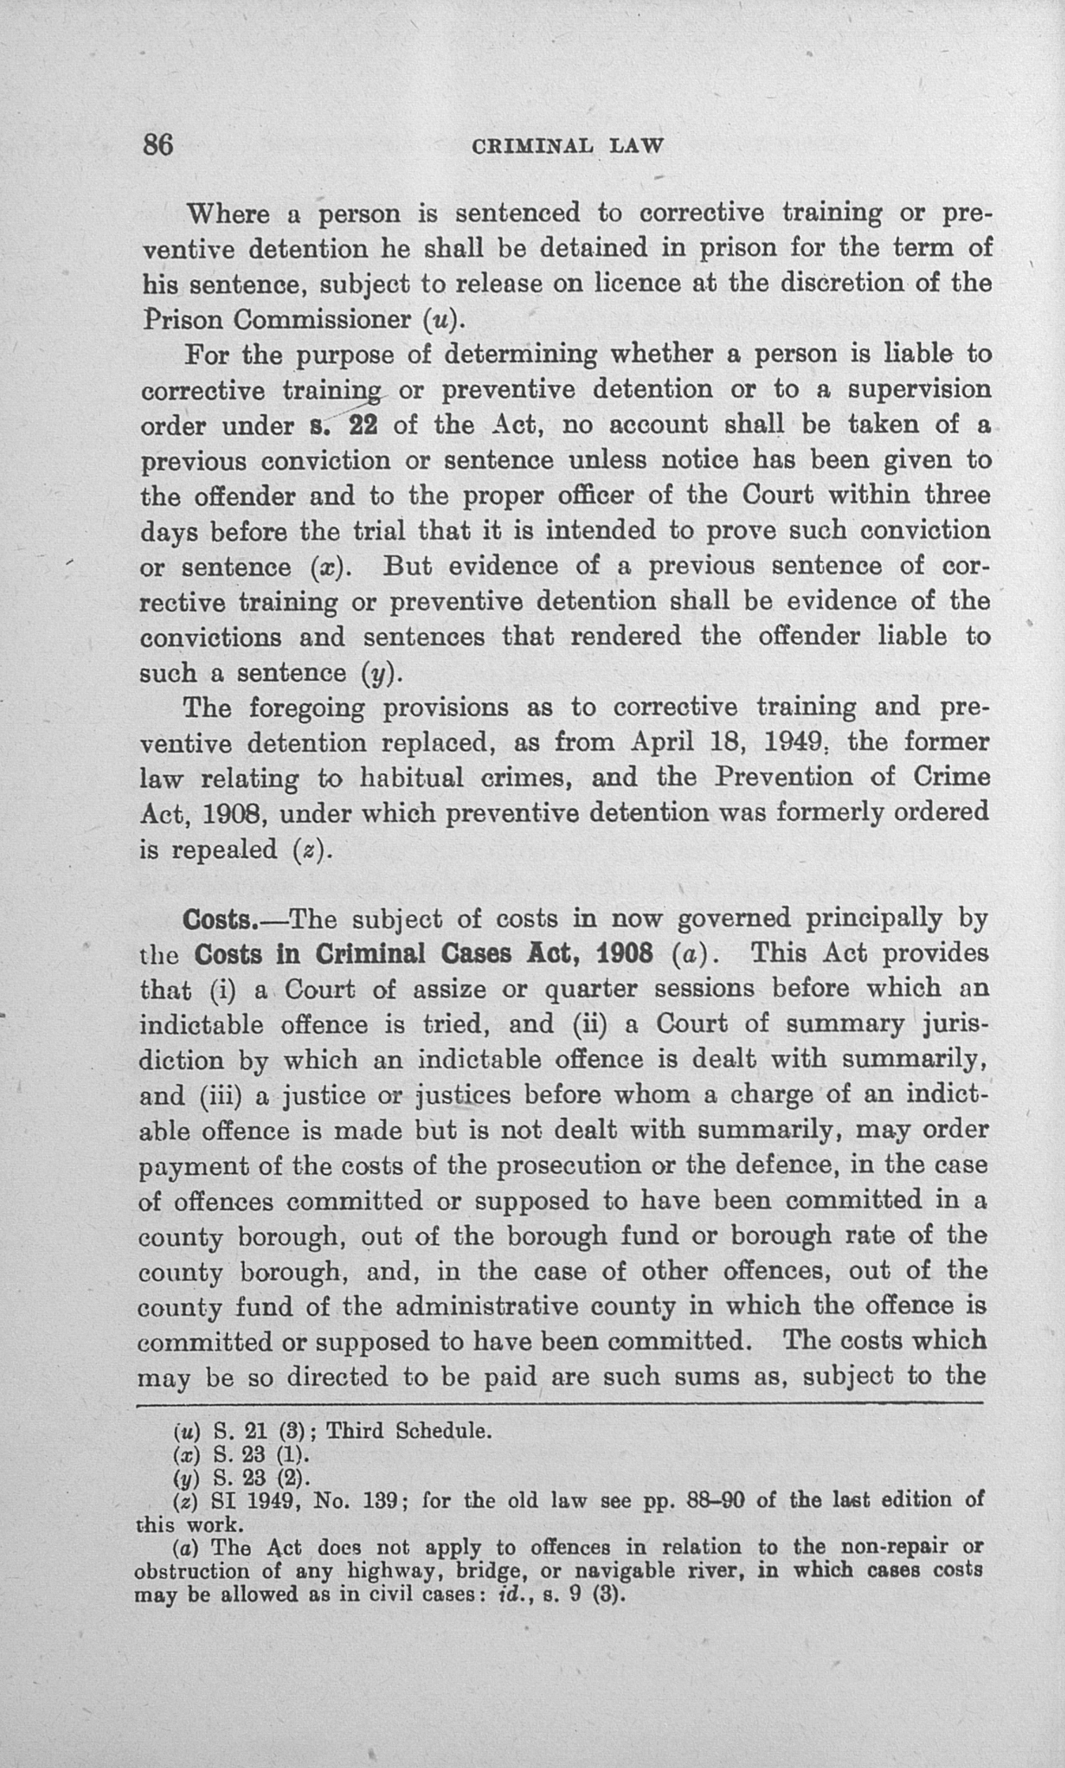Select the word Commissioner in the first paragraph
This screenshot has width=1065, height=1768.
point(322,319)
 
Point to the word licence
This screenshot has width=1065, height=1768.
point(632,283)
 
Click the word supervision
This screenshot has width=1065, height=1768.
point(920,389)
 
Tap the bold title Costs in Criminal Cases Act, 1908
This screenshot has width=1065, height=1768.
point(423,955)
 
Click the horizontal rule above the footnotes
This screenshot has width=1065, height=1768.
point(559,1402)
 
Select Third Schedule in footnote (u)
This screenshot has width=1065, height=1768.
point(408,1431)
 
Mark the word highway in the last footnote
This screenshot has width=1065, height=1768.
point(390,1568)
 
